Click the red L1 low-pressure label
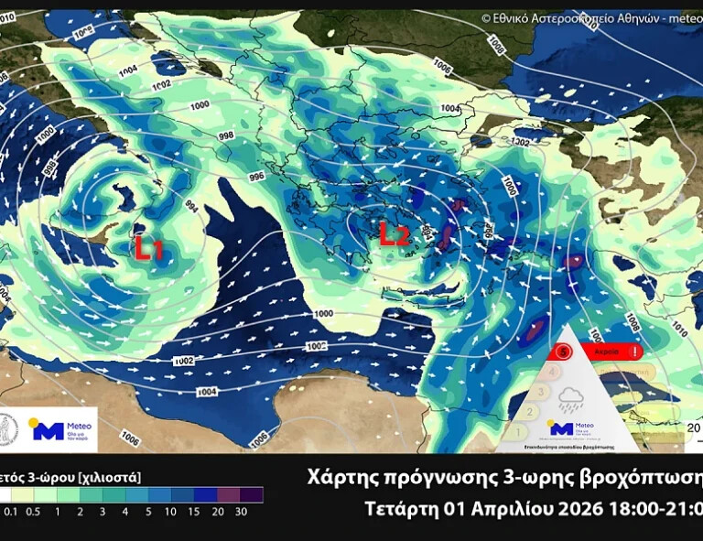(149, 247)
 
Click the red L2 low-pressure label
(394, 236)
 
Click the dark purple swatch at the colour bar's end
(252, 495)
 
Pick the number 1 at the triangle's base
(517, 430)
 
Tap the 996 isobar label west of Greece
(256, 176)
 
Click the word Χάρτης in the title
(343, 479)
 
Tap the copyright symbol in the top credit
(486, 17)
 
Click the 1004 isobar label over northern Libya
(207, 392)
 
